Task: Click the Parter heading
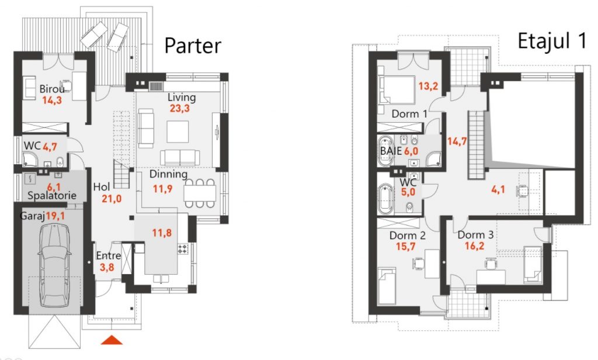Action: [x=193, y=46]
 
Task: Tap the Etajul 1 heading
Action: [x=551, y=41]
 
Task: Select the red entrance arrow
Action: [x=112, y=340]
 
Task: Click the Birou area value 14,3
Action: [x=52, y=101]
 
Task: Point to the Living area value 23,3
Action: [x=180, y=109]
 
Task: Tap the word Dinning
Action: [x=168, y=175]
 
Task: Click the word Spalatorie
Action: [x=52, y=196]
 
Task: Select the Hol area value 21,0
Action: [x=112, y=199]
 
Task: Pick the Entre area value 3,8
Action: [x=107, y=267]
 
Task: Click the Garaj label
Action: [x=33, y=216]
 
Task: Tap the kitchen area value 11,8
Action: [x=162, y=233]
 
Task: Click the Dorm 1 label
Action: [x=409, y=114]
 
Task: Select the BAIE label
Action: [x=391, y=151]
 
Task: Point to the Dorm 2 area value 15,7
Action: [x=405, y=247]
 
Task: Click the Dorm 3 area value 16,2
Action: [x=474, y=246]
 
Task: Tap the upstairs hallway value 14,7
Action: [x=457, y=141]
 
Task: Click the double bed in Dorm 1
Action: [x=397, y=90]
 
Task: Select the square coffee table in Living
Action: [x=178, y=131]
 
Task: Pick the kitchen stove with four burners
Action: [x=183, y=250]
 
